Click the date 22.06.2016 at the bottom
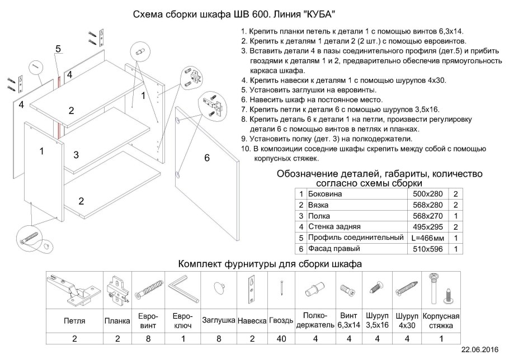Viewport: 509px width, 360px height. pos(479,349)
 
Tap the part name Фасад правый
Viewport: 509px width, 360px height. pos(329,249)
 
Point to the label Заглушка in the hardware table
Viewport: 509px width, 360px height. pos(218,321)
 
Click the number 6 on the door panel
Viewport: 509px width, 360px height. pos(206,158)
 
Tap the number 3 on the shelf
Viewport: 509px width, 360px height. pos(76,154)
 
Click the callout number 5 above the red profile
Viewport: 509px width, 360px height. pos(58,49)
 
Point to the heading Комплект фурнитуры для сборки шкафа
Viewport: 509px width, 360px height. pos(270,263)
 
